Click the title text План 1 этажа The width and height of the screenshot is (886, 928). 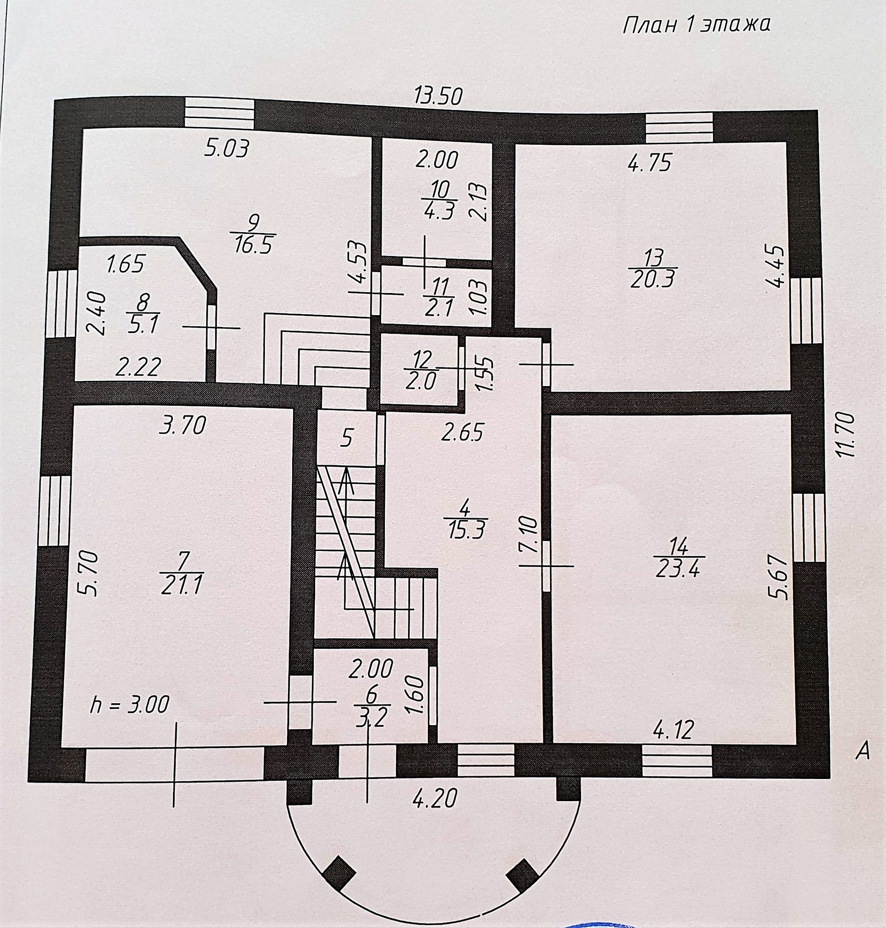pos(696,24)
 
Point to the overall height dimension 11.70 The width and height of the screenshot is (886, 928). pos(844,435)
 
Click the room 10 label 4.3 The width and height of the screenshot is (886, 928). pos(439,210)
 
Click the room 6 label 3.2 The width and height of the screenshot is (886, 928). pos(371,719)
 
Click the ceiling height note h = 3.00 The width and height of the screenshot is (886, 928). pos(129,705)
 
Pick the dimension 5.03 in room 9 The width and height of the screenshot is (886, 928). pos(227,148)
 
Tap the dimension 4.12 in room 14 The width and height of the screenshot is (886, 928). pos(673,729)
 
